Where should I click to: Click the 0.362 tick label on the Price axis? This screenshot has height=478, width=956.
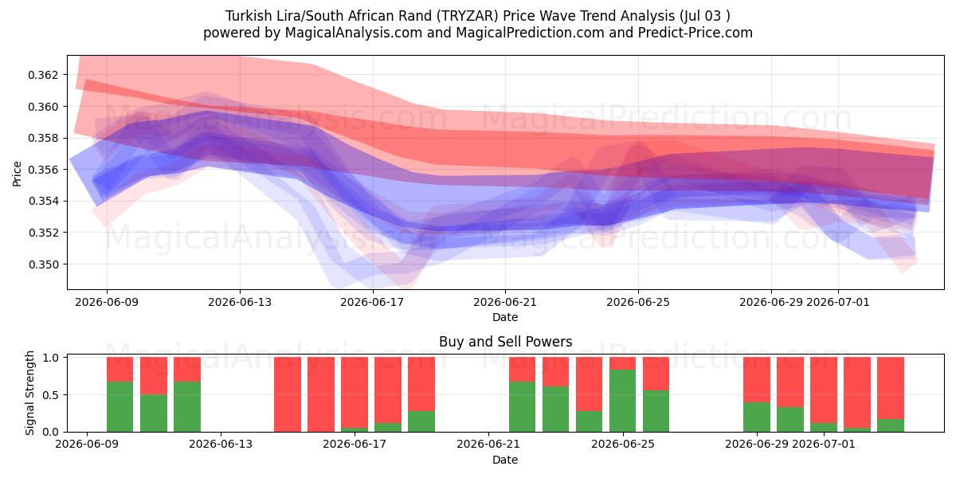pyautogui.click(x=42, y=75)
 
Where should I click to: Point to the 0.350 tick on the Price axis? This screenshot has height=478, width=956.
pyautogui.click(x=42, y=264)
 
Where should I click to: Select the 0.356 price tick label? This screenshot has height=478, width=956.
pyautogui.click(x=42, y=170)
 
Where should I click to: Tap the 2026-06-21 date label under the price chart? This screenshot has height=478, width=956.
pyautogui.click(x=505, y=302)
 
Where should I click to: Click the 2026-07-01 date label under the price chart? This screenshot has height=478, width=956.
pyautogui.click(x=838, y=302)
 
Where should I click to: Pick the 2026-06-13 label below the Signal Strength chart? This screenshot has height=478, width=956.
pyautogui.click(x=221, y=445)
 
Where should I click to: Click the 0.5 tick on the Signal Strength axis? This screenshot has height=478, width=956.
pyautogui.click(x=51, y=395)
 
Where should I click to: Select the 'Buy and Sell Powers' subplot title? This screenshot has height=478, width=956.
pyautogui.click(x=505, y=342)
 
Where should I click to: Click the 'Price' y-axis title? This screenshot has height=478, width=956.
pyautogui.click(x=17, y=174)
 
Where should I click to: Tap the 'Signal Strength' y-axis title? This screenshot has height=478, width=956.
pyautogui.click(x=29, y=393)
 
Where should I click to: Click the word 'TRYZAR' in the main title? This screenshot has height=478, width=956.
pyautogui.click(x=469, y=16)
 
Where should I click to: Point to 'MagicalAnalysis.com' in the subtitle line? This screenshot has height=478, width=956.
pyautogui.click(x=354, y=33)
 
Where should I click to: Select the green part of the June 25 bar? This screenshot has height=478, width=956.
pyautogui.click(x=622, y=401)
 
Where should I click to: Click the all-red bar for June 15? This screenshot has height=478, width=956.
pyautogui.click(x=288, y=394)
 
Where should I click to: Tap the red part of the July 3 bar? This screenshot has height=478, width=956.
pyautogui.click(x=891, y=388)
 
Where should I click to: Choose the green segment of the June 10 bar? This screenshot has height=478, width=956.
pyautogui.click(x=153, y=413)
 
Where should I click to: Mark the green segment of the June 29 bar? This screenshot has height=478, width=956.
pyautogui.click(x=756, y=417)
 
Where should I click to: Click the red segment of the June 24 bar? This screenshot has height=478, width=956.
pyautogui.click(x=589, y=384)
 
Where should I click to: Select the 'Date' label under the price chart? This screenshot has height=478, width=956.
pyautogui.click(x=505, y=318)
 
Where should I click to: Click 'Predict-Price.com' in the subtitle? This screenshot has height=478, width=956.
pyautogui.click(x=695, y=33)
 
